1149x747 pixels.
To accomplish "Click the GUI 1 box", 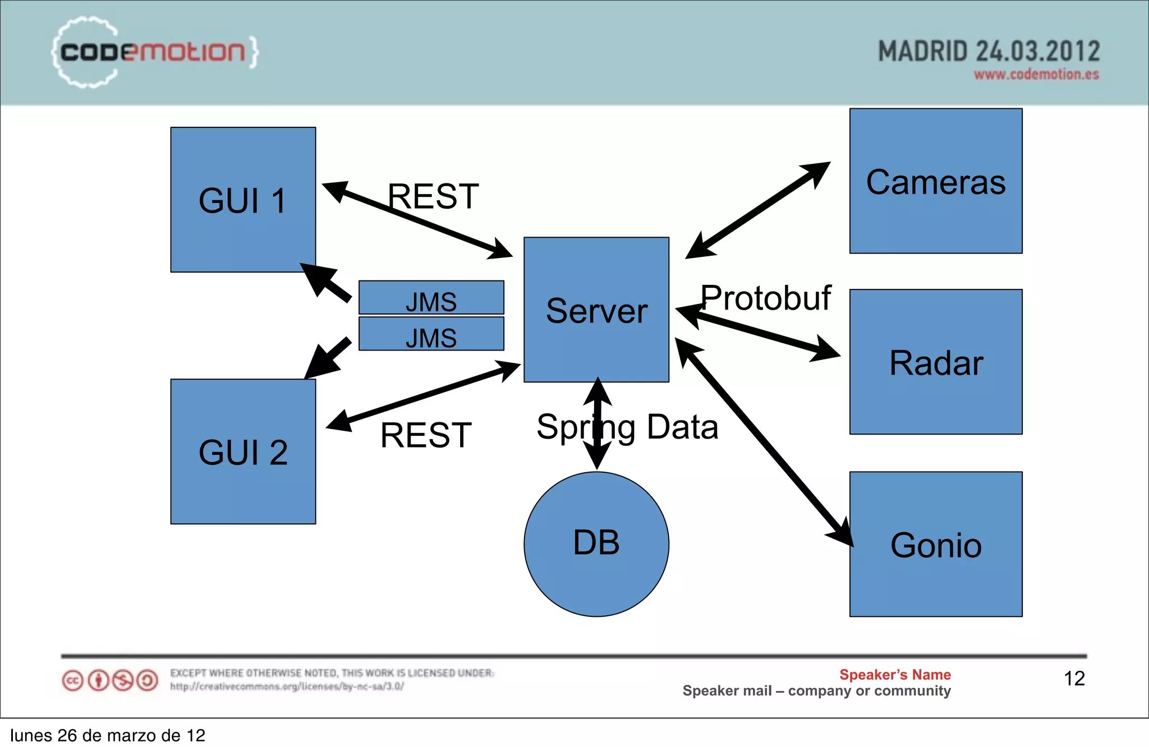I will coord(243,200).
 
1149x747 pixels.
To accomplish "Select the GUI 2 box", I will coord(243,451).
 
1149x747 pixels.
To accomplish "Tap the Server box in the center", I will coord(596,310).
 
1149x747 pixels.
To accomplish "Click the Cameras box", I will coord(935,181).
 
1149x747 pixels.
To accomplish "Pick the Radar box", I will coord(935,362).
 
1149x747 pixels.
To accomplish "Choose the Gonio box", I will coord(935,544).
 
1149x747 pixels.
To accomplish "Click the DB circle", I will coord(596,543).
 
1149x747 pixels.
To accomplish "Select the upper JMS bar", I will coord(431,298).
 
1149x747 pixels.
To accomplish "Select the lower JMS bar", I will coord(431,334).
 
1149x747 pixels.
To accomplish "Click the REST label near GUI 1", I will coord(433,196).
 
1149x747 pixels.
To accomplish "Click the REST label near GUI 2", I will coord(426,435).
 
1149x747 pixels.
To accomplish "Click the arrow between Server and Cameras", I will coord(757,210).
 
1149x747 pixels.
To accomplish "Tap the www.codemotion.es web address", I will coord(1036,75).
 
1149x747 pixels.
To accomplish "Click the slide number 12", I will coord(1074,679).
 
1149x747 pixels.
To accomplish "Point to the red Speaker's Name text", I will coord(895,675).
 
